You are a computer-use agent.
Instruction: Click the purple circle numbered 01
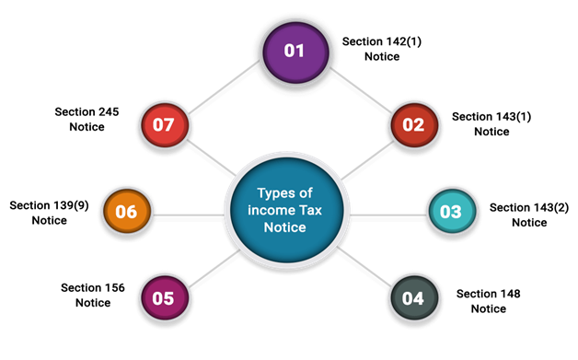pyautogui.click(x=295, y=52)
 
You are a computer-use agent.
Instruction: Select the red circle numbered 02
pyautogui.click(x=414, y=125)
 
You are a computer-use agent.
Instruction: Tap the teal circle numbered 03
pyautogui.click(x=452, y=211)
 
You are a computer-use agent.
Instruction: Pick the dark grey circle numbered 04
pyautogui.click(x=414, y=297)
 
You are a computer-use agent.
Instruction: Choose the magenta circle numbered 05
pyautogui.click(x=165, y=297)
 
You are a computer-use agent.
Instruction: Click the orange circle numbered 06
pyautogui.click(x=127, y=211)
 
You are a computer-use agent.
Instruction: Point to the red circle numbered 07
pyautogui.click(x=165, y=125)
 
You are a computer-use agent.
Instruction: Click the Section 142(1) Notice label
pyautogui.click(x=382, y=49)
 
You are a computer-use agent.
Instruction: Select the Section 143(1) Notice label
pyautogui.click(x=491, y=124)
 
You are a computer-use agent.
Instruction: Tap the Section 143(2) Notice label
pyautogui.click(x=529, y=215)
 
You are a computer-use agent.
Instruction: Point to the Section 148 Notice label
pyautogui.click(x=488, y=301)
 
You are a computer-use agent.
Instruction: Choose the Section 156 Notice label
pyautogui.click(x=93, y=295)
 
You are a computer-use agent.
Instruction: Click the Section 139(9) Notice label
pyautogui.click(x=49, y=213)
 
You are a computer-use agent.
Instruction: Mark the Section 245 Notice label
pyautogui.click(x=87, y=119)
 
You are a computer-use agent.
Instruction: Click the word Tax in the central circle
pyautogui.click(x=310, y=210)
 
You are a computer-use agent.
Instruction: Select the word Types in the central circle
pyautogui.click(x=274, y=193)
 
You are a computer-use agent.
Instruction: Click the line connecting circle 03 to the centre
pyautogui.click(x=388, y=215)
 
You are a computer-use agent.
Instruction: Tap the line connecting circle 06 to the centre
pyautogui.click(x=189, y=215)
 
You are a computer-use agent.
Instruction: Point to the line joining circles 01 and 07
pyautogui.click(x=225, y=87)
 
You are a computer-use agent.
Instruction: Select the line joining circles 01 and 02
pyautogui.click(x=361, y=89)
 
